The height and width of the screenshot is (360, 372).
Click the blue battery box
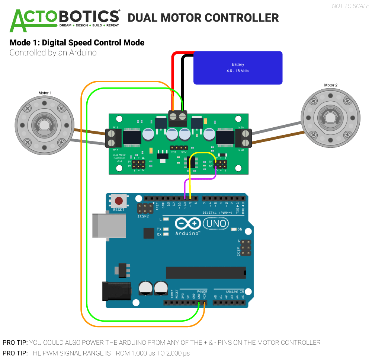pos(238,67)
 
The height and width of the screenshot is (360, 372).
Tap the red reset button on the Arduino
pos(119,201)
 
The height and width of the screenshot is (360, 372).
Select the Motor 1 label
pos(45,93)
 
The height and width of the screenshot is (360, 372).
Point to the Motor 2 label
pos(330,85)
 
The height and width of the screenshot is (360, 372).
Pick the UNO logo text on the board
pos(216,223)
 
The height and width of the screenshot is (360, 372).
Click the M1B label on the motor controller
pos(116,128)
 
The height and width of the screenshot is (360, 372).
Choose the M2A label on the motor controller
pos(241,128)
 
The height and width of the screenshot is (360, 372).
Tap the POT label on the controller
pos(173,152)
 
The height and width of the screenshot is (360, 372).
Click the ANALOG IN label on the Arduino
pos(234,291)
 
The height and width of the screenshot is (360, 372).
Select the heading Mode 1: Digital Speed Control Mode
pos(77,42)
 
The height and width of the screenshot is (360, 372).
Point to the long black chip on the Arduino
pos(206,273)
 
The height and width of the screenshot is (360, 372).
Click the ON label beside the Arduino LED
pos(240,229)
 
